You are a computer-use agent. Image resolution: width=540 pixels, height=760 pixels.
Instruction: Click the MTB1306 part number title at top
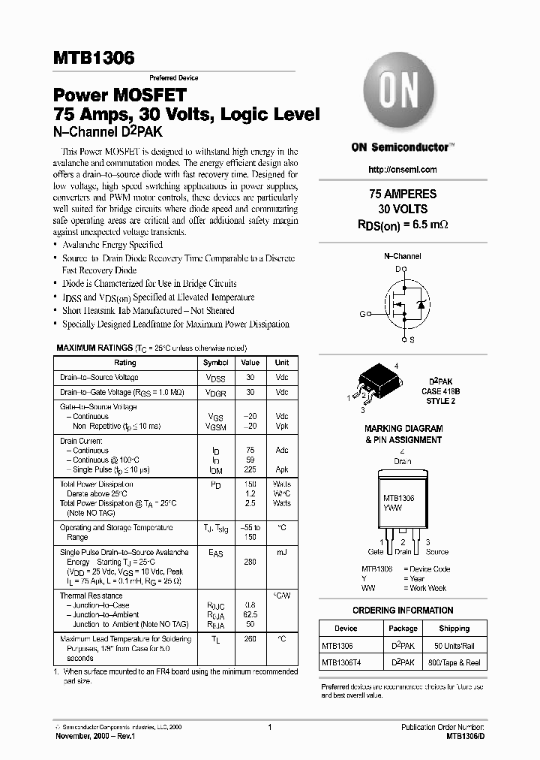tap(94, 58)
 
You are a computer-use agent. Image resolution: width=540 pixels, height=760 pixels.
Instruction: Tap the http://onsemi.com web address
tap(403, 170)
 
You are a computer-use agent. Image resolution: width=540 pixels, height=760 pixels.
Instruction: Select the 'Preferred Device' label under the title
tap(173, 78)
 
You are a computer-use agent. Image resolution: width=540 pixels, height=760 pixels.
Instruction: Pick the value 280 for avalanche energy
tap(250, 562)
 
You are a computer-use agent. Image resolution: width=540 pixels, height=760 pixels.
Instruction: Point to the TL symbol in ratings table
tap(215, 640)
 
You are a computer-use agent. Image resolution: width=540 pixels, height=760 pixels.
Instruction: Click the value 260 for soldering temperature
tap(250, 639)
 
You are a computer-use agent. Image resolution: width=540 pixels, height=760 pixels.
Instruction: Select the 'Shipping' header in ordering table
tap(454, 629)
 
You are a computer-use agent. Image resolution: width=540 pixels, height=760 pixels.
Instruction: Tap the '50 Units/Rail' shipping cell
tap(454, 646)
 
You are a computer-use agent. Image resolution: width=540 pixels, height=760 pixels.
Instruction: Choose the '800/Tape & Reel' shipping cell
tap(454, 662)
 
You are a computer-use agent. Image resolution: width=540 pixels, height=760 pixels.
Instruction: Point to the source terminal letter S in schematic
tap(412, 340)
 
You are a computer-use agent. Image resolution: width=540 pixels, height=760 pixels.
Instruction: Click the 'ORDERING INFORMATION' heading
tap(403, 611)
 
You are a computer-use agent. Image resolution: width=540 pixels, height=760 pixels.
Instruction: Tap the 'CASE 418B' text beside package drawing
tap(440, 391)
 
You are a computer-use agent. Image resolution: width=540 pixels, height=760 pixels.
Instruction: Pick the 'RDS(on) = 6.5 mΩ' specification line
tap(403, 223)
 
